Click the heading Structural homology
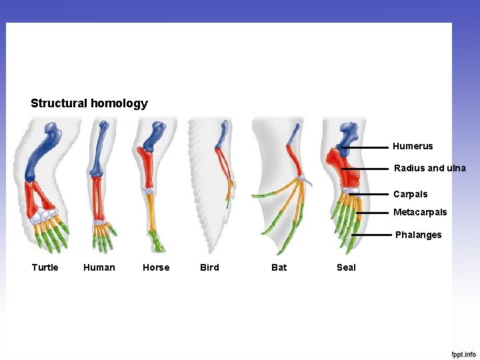89,103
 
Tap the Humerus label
413,146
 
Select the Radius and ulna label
429,168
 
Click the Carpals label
410,194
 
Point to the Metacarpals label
420,212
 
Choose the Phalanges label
418,235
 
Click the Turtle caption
45,267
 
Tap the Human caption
99,267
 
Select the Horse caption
156,267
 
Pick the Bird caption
209,267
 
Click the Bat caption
279,267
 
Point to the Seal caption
346,267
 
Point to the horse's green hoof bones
156,241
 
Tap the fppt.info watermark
463,354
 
